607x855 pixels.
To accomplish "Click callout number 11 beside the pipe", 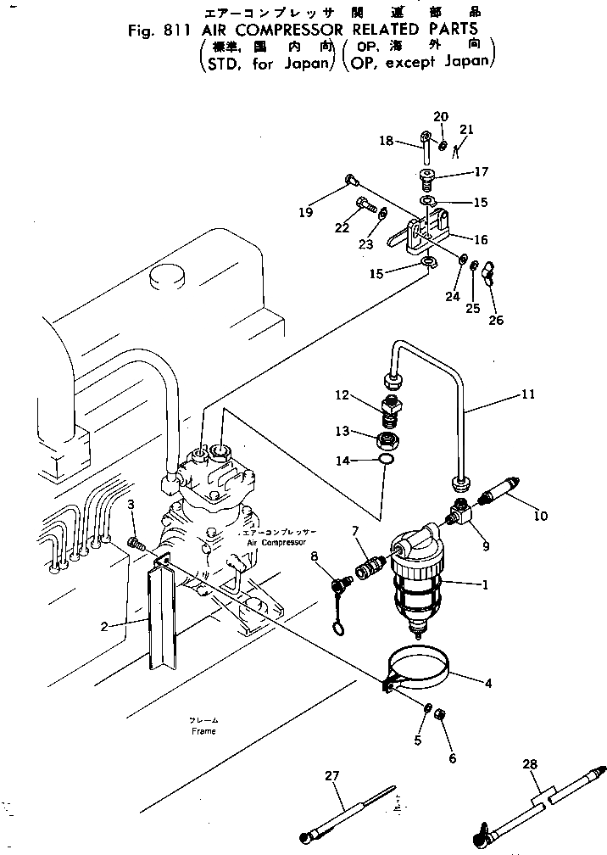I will click(528, 394).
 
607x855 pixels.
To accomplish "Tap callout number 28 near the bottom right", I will click(530, 765).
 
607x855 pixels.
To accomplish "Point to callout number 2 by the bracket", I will click(103, 627).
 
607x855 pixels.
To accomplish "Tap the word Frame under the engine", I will click(203, 730).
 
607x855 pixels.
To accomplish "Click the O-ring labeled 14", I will click(386, 461).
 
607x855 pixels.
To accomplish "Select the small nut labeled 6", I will click(440, 718).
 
